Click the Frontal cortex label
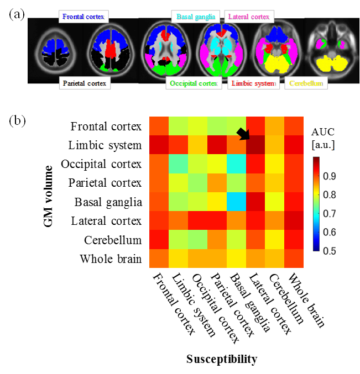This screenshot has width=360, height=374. coord(84,17)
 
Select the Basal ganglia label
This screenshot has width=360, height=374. coord(196,17)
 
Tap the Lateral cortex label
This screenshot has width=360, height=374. coord(249,17)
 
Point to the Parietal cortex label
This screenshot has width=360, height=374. coord(85,83)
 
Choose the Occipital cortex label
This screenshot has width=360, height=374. coord(194,83)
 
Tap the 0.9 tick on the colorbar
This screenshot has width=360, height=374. coord(330,176)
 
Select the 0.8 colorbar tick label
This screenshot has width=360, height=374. coord(330,194)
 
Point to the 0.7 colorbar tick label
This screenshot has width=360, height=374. coord(330,213)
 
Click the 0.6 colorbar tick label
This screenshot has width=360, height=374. coord(330,232)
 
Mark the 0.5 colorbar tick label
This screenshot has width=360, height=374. coord(330,250)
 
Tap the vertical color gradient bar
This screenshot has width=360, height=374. coord(316,204)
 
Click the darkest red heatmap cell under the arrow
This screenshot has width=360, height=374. coord(255,145)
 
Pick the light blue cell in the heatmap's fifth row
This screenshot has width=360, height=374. coord(236,201)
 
